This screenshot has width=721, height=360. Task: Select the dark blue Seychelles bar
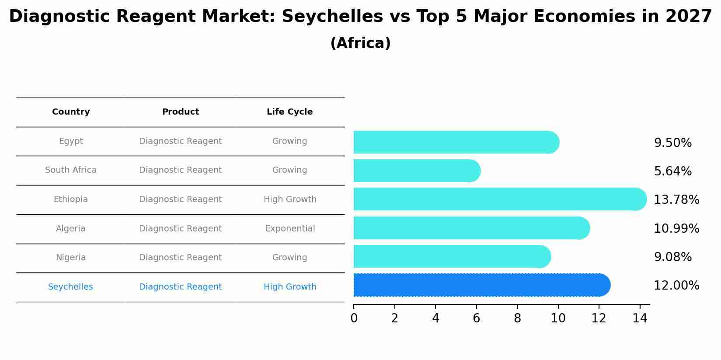pyautogui.click(x=481, y=285)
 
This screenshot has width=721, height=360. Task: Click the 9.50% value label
pyautogui.click(x=672, y=143)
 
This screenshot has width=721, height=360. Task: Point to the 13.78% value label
pyautogui.click(x=676, y=200)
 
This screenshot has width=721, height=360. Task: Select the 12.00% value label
pyautogui.click(x=676, y=286)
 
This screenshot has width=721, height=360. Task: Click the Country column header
pyautogui.click(x=71, y=112)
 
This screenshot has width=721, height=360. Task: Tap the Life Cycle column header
pyautogui.click(x=289, y=112)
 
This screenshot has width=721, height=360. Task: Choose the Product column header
pyautogui.click(x=180, y=112)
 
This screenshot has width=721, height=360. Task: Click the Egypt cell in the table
pyautogui.click(x=71, y=141)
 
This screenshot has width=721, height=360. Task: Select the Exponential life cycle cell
pyautogui.click(x=290, y=229)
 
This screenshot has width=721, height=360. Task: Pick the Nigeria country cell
pyautogui.click(x=71, y=258)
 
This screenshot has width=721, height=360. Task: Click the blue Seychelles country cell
pyautogui.click(x=70, y=287)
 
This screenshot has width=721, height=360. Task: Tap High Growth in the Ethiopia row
pyautogui.click(x=290, y=199)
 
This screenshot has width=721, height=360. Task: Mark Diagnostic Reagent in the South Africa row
pyautogui.click(x=180, y=170)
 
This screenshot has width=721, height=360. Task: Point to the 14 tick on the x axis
pyautogui.click(x=640, y=318)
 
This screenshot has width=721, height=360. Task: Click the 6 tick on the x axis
pyautogui.click(x=476, y=318)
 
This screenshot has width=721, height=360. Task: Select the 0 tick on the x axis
pyautogui.click(x=354, y=318)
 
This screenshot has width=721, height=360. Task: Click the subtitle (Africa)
pyautogui.click(x=360, y=43)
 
